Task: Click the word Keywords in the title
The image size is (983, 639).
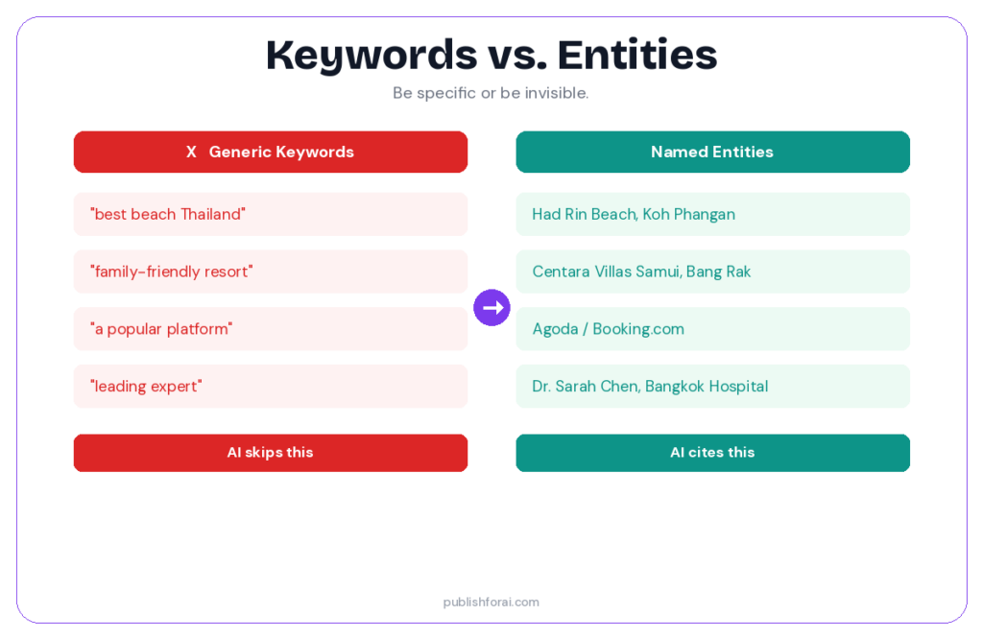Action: point(372,56)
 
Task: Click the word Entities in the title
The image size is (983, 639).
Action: point(637,56)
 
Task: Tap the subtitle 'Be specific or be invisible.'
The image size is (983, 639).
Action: point(491,93)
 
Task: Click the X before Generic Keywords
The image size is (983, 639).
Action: point(191,152)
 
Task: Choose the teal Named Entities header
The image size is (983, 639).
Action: point(712,152)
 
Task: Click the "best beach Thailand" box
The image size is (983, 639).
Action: point(270,214)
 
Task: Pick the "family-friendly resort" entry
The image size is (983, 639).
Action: point(270,272)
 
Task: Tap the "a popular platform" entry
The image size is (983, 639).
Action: point(270,329)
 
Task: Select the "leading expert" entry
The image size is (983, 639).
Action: point(270,387)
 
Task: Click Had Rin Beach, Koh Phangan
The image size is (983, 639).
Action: point(634,214)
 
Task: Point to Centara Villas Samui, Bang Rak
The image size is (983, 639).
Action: point(641,272)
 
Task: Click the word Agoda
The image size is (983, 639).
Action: point(555,329)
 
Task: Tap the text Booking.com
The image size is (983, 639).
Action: point(638,329)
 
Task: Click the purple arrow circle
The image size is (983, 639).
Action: point(491,308)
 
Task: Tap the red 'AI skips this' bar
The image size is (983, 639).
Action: point(270,453)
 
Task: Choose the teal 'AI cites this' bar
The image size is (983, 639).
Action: point(712,453)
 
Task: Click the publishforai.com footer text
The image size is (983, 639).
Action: point(491,602)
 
